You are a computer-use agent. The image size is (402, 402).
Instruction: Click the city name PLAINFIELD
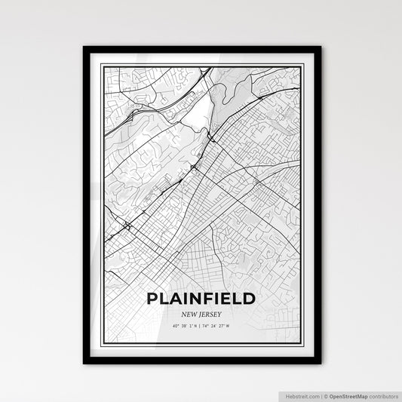201,299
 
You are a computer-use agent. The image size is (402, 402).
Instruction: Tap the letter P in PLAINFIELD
154,299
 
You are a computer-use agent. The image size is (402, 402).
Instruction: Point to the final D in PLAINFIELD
248,299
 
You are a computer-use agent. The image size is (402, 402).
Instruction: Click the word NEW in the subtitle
186,314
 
